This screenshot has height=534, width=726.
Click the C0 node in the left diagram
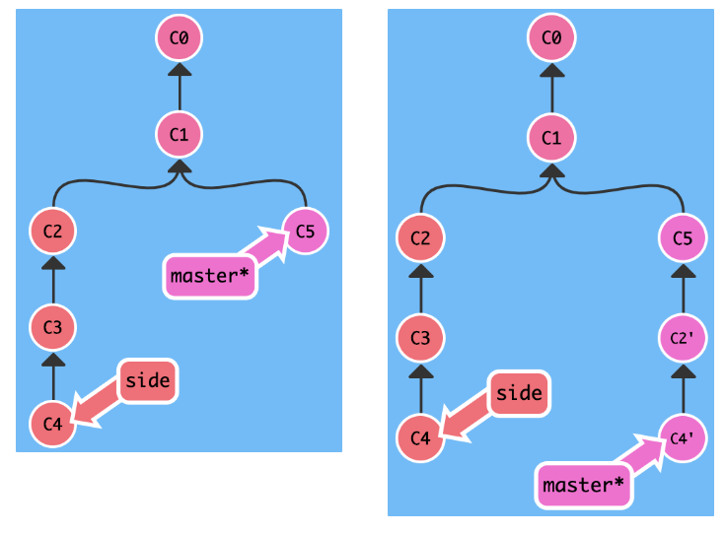[x=180, y=39]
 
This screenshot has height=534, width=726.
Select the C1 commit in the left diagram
[x=180, y=133]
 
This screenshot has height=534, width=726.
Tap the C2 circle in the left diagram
[x=53, y=232]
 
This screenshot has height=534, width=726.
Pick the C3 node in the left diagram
[x=53, y=327]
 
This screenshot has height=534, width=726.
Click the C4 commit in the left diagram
[x=53, y=424]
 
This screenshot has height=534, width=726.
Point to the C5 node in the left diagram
[x=305, y=232]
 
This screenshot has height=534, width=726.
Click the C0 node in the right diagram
[x=551, y=38]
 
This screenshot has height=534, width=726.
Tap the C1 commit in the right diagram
[x=551, y=139]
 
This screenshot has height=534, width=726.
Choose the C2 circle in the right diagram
[x=420, y=238]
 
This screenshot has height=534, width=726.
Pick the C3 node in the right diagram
[x=420, y=338]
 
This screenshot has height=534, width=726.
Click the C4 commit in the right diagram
[x=420, y=437]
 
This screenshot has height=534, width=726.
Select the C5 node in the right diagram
[x=683, y=238]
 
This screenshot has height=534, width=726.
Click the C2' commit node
[x=683, y=338]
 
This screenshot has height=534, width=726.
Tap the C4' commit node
[x=683, y=437]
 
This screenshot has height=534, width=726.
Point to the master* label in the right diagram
[x=585, y=485]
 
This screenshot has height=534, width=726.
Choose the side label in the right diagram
[x=519, y=393]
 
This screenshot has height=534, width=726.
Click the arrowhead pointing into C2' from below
[x=683, y=372]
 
